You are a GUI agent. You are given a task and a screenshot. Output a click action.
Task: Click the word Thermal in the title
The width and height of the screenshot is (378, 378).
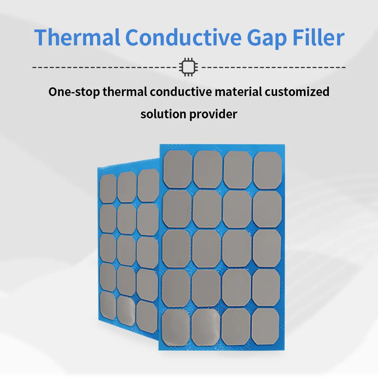pos(77,37)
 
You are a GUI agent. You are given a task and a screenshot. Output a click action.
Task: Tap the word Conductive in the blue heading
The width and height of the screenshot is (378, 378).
pos(183,37)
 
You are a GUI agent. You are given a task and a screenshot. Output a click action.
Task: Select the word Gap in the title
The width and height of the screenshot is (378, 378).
pos(267,39)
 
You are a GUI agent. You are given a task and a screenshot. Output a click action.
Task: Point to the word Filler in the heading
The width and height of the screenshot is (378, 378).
pos(318,37)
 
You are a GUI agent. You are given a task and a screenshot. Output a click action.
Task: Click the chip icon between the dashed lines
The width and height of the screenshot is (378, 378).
pos(189,67)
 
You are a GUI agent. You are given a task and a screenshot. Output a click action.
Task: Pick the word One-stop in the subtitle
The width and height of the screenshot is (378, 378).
pos(74,92)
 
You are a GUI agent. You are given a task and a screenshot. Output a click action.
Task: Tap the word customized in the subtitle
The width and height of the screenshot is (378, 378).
pos(297,91)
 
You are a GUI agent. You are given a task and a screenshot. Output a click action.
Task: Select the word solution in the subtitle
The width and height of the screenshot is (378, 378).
pos(163,114)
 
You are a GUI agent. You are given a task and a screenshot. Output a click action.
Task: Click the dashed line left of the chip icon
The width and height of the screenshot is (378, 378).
pos(105,67)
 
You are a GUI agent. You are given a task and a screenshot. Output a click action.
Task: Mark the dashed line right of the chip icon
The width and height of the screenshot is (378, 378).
pos(273,67)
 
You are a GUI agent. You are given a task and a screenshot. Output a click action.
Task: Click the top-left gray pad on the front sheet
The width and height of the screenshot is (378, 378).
pos(178,169)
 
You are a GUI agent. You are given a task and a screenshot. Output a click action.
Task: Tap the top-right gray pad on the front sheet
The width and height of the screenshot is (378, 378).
pos(268,170)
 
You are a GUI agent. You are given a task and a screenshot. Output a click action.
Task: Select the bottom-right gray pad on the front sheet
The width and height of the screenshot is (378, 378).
pos(265,327)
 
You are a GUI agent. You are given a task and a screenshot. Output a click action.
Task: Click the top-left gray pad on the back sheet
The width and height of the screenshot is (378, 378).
pos(108,189)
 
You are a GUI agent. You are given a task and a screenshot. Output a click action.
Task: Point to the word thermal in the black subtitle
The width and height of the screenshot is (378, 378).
pos(125,91)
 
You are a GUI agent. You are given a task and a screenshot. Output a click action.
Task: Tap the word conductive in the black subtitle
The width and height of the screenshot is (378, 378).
pos(181,91)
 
